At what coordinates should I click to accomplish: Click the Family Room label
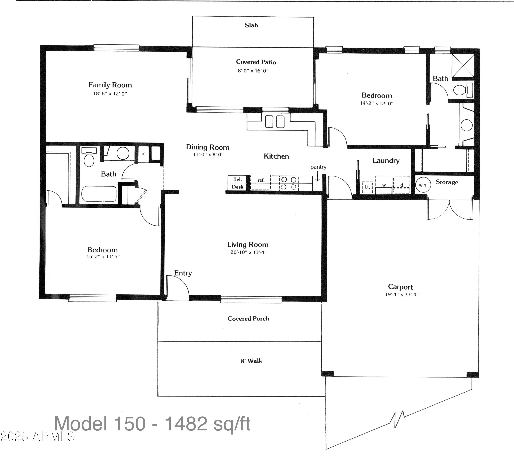110,85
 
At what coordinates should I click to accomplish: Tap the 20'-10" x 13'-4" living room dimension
248,252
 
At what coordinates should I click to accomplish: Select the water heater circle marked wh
423,185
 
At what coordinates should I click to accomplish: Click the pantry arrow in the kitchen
317,178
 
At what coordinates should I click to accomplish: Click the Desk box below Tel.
238,187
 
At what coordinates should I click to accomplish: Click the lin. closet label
143,153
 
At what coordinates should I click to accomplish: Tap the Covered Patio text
256,62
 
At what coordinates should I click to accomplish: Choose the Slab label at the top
251,25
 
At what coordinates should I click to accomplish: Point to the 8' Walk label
251,361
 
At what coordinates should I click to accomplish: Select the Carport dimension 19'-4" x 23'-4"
402,294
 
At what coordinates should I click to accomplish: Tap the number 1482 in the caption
186,423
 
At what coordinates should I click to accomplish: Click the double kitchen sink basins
275,121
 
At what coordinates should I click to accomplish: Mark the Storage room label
447,182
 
